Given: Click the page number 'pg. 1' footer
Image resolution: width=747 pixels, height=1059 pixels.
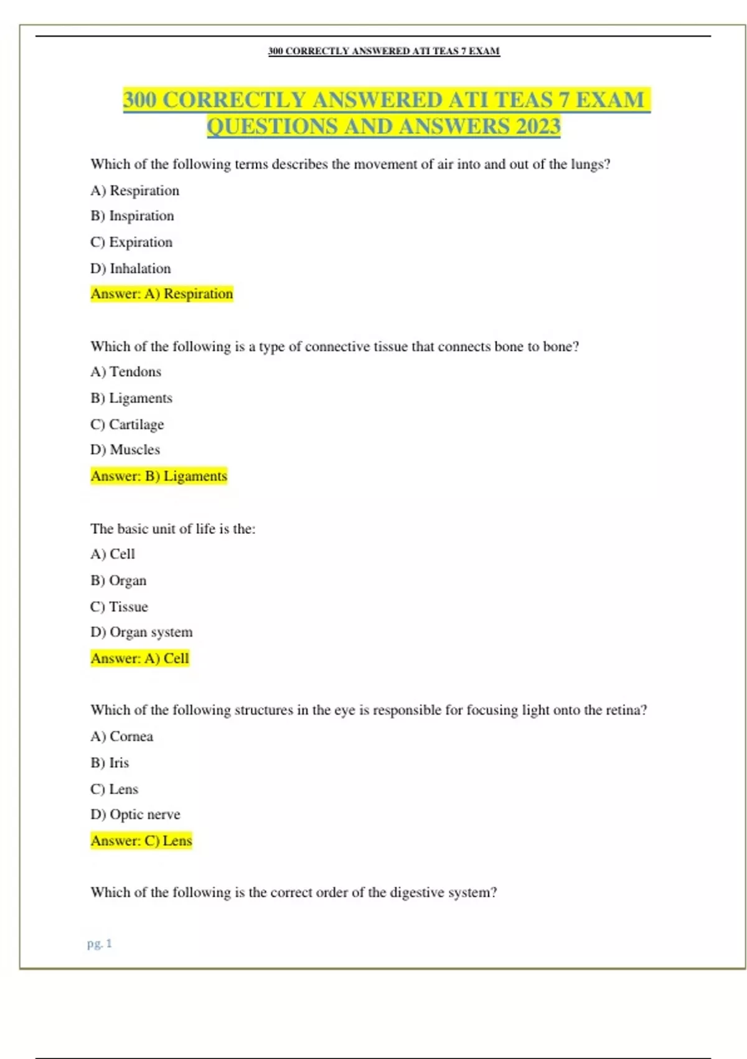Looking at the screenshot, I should click(100, 944).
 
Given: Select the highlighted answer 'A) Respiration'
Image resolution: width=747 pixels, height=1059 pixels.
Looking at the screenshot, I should click(162, 294).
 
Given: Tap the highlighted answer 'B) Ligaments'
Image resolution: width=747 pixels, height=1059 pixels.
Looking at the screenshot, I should click(159, 477).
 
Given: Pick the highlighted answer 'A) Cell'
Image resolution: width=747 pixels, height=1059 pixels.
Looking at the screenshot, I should click(139, 658).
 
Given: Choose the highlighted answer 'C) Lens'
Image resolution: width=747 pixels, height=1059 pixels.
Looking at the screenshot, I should click(141, 841).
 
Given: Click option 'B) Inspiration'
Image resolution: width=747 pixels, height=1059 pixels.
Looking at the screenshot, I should click(132, 216).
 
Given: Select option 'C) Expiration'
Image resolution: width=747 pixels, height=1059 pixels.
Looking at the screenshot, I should click(131, 242).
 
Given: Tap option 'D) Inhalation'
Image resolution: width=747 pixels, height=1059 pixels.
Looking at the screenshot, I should click(131, 268).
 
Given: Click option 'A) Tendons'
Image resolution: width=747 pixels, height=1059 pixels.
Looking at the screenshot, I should click(126, 372).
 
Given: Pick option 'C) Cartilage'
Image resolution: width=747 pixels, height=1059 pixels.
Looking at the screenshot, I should click(127, 425).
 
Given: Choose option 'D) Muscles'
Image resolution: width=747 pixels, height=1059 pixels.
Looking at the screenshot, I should click(125, 450).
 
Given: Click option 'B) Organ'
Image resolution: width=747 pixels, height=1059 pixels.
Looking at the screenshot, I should click(118, 581).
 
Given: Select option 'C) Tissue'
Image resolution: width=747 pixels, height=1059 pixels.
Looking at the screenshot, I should click(119, 607).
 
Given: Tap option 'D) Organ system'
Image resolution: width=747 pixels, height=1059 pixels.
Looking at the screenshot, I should click(141, 632).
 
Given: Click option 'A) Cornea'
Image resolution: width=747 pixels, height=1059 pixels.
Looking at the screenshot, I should click(121, 736).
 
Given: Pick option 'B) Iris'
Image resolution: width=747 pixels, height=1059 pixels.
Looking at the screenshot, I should click(110, 763).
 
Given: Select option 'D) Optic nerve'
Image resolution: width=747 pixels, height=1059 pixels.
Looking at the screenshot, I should click(135, 815).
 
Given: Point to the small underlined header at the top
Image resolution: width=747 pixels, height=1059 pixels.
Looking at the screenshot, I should click(383, 51).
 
